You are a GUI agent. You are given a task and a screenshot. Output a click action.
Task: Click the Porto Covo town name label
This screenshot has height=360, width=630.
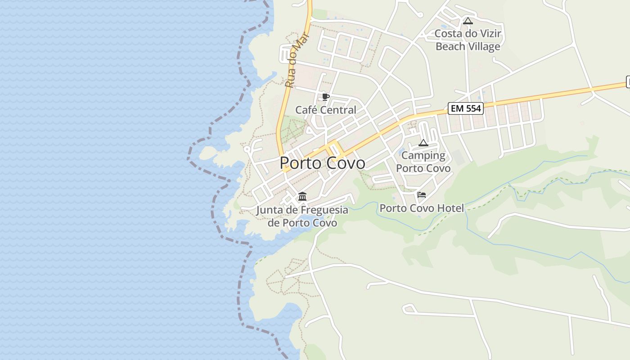[x=322, y=163]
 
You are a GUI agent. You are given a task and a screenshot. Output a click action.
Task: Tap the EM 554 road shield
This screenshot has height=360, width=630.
[x=465, y=108]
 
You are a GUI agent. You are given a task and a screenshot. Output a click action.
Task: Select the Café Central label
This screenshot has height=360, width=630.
[x=325, y=110]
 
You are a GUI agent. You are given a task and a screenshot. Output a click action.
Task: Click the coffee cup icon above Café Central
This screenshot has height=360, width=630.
[x=326, y=97]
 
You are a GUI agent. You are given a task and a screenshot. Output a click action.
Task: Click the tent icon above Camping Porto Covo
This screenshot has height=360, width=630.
[x=423, y=143]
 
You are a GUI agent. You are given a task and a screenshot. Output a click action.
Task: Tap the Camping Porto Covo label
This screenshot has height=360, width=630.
[x=423, y=162]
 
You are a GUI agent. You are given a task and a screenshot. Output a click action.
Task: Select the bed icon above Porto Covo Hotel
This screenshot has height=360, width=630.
[x=422, y=195]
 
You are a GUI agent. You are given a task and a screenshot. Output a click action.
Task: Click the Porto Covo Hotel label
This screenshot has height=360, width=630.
[x=422, y=208]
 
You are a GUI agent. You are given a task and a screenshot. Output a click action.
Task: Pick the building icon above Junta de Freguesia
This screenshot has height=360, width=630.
[x=302, y=197]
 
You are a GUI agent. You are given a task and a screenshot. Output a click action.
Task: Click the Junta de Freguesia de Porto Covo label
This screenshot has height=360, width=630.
[x=302, y=216]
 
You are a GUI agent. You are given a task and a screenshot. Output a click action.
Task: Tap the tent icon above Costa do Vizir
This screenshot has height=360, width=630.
[x=468, y=21]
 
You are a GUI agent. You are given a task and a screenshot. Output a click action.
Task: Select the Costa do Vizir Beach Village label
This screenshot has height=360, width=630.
[x=468, y=40]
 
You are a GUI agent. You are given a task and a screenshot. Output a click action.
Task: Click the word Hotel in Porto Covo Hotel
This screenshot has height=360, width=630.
[x=450, y=208]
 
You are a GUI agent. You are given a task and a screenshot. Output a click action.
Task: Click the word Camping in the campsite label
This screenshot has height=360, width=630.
[x=423, y=156]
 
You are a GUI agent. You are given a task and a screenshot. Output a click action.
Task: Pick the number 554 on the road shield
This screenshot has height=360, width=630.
[x=472, y=108]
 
